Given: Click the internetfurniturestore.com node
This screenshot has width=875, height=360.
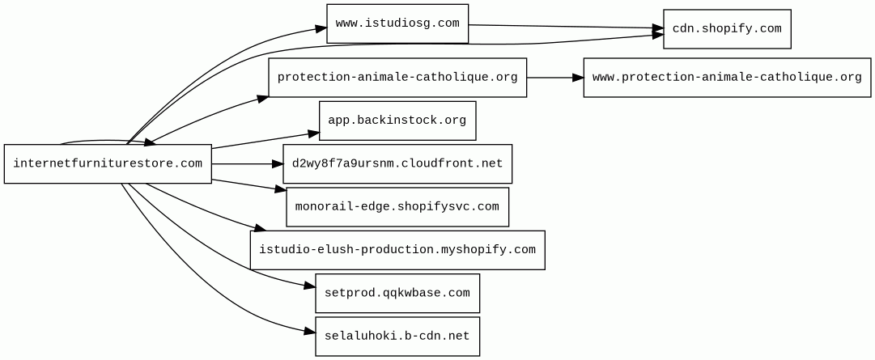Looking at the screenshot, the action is click(108, 163).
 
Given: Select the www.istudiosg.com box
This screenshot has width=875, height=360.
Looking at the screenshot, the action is click(397, 23).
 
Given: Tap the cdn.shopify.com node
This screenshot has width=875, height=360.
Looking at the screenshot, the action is click(727, 29).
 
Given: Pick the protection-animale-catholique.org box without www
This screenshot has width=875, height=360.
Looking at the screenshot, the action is click(397, 78).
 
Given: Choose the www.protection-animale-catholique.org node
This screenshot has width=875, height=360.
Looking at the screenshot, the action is click(727, 78).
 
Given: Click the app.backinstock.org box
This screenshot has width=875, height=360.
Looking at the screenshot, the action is click(397, 121).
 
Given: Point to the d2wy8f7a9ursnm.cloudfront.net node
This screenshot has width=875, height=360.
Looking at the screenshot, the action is click(397, 163).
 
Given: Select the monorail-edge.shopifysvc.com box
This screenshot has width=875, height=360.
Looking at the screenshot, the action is click(397, 207).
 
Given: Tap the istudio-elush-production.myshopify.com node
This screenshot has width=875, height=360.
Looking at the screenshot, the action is click(397, 250).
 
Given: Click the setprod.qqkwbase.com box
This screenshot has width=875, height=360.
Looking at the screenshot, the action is click(397, 293).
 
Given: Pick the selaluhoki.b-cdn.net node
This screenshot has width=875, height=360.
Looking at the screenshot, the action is click(397, 337).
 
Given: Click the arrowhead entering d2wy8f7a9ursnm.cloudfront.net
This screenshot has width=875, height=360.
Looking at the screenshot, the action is click(277, 163).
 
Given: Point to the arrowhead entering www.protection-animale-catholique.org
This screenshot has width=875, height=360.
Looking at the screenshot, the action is click(578, 78).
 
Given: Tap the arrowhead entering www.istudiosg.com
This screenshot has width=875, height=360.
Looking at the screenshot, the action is click(321, 28).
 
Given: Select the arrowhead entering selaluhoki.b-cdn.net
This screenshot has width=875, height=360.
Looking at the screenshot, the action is click(310, 332).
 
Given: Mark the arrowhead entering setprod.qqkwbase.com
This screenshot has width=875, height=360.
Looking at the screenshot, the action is click(310, 286).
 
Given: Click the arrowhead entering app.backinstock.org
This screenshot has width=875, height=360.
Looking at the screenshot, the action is click(313, 134).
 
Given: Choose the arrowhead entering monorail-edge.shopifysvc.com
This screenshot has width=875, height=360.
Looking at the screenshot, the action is click(281, 191).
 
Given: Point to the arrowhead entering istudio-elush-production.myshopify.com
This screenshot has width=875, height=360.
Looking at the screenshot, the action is click(260, 228).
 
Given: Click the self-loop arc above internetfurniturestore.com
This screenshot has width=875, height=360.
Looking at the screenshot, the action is click(106, 141).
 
